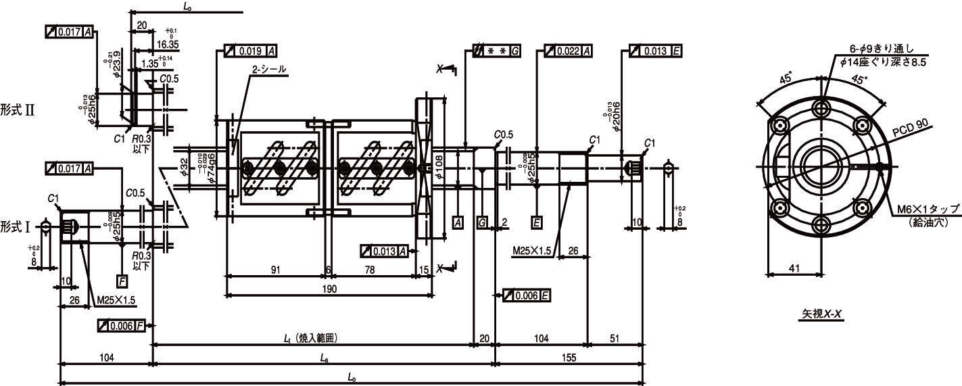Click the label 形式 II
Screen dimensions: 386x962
coord(17,110)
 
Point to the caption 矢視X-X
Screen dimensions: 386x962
coord(821,314)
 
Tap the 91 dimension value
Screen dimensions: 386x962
coord(276,270)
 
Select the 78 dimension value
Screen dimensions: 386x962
coord(370,270)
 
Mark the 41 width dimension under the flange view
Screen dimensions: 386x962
coord(794,268)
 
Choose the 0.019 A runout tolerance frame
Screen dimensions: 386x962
coord(250,51)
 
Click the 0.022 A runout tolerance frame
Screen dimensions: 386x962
coord(569,51)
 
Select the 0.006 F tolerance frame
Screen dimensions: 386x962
coord(122,326)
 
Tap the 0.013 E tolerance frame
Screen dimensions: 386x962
coord(655,51)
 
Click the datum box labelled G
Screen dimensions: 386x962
coord(481,222)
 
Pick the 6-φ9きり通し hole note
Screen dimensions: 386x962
coord(882,49)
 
